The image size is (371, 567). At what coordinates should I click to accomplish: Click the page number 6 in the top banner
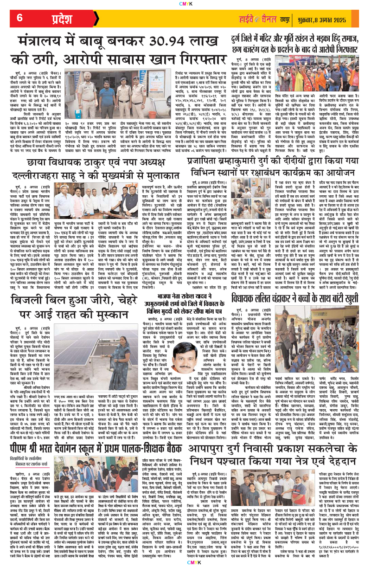click(x=19, y=18)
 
